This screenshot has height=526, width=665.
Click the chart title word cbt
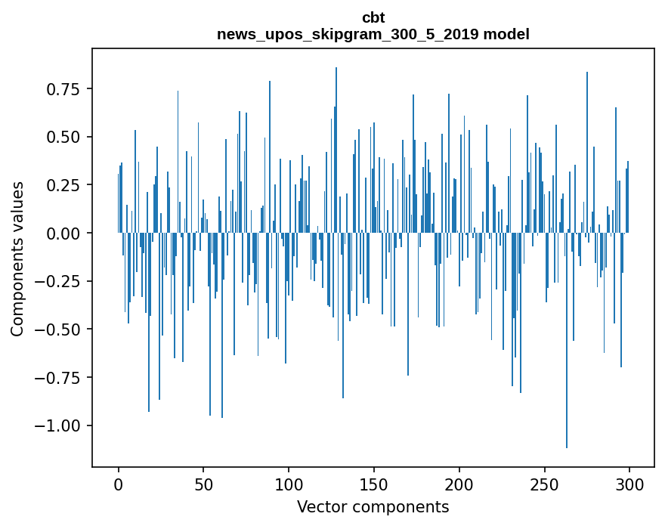373,18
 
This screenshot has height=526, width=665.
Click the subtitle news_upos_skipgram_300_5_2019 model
373,34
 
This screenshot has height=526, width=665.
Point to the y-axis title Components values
17,258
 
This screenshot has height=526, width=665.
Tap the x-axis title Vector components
373,507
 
